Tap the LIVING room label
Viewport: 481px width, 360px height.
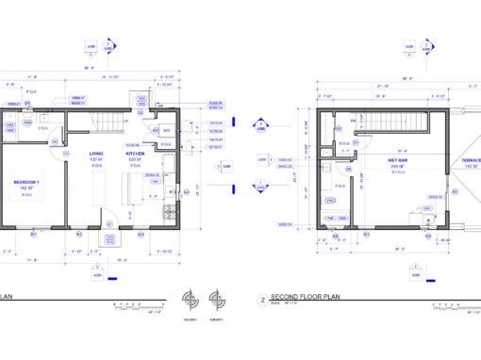pyautogui.click(x=96, y=154)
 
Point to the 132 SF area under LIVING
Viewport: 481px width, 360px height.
pyautogui.click(x=96, y=160)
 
